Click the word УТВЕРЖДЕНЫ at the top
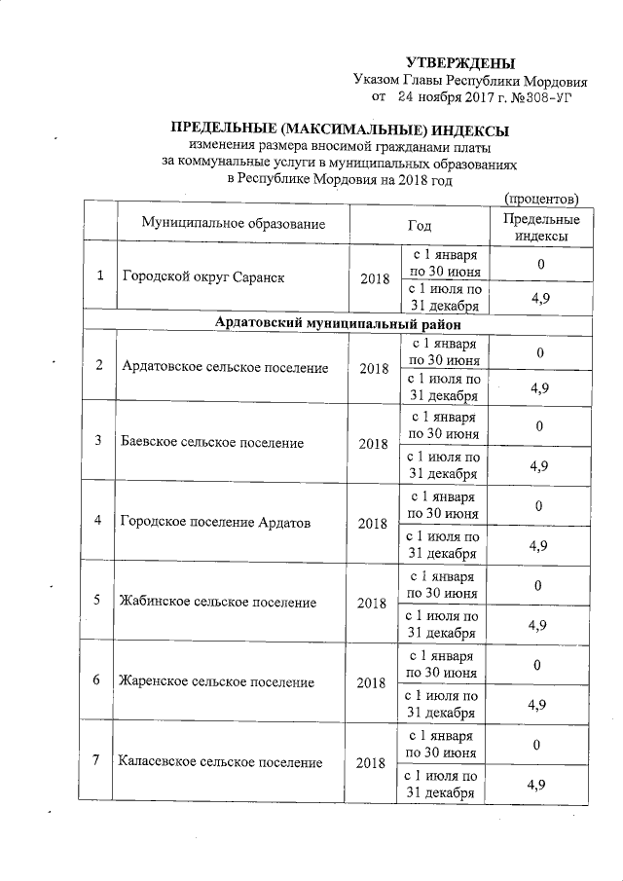coord(459,63)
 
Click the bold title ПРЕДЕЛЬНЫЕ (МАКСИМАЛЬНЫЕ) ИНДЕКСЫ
coord(340,130)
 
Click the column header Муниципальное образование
coord(233,224)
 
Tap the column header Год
coord(420,224)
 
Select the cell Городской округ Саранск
coord(202,277)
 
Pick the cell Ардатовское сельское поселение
coord(225,367)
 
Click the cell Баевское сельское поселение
coord(212,443)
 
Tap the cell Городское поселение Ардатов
coord(215,522)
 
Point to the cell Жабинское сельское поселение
coord(218,602)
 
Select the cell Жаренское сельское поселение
coord(217,681)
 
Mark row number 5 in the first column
coord(98,600)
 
